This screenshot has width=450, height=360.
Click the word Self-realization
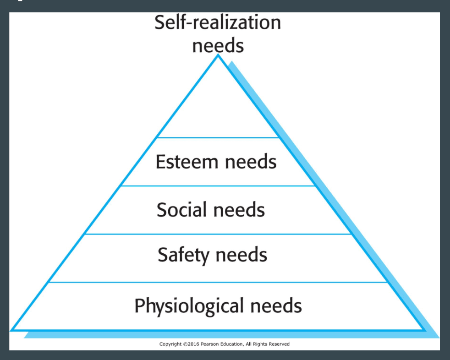[218, 22]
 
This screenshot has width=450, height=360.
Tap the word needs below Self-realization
[218, 45]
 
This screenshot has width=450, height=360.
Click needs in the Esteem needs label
[251, 162]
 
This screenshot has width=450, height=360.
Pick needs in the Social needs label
[239, 209]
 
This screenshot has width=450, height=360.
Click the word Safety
[183, 255]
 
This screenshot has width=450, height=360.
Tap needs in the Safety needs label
[241, 255]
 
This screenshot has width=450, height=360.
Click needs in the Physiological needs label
[276, 305]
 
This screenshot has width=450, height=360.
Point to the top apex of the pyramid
[218, 55]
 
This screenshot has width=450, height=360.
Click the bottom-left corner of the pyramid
[11, 330]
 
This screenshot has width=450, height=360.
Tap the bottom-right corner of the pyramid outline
[424, 330]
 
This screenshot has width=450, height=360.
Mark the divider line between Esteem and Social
[218, 186]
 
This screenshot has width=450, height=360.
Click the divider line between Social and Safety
[218, 234]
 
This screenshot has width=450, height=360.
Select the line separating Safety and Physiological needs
[218, 282]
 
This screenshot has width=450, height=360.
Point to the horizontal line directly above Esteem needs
[218, 138]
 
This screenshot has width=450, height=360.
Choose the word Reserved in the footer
[279, 344]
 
